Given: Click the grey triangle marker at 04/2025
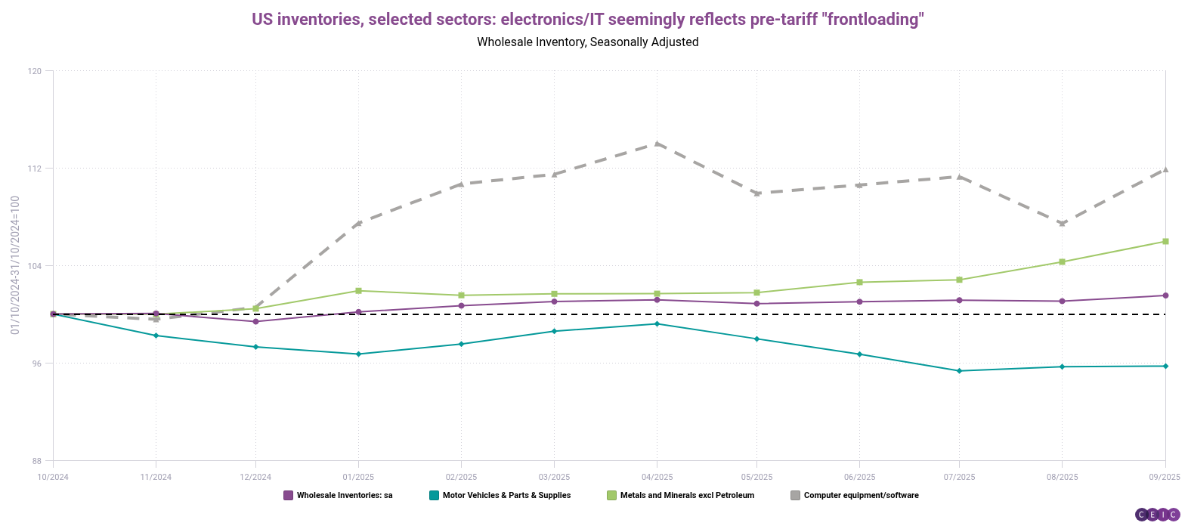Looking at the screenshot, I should coord(657,144).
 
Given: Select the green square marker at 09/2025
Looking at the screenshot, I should coord(1165,241).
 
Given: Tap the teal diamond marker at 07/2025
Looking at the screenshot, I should coord(959,371).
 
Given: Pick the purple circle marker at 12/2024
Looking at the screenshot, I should coord(255,321).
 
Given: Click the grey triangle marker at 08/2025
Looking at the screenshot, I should coord(1062,223).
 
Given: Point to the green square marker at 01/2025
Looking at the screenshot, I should coord(358,291).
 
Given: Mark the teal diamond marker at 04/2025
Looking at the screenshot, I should coord(657,323).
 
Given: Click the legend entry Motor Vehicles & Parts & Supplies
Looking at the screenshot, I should coord(500,496).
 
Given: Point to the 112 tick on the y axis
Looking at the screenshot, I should coord(36,169).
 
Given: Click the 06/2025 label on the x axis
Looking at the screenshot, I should coord(859,477).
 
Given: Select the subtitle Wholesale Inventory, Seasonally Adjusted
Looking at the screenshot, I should coord(587,42).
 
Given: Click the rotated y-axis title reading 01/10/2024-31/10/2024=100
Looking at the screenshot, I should coord(15,265).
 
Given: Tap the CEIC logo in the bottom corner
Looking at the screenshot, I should coord(1157,515).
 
